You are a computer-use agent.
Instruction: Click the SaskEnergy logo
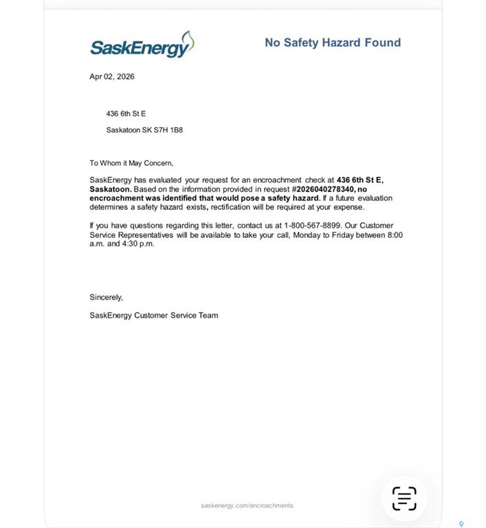[142, 45]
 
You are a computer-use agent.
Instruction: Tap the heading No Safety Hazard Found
[333, 43]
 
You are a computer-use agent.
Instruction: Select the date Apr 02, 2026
[112, 76]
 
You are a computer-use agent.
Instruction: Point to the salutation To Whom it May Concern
[131, 163]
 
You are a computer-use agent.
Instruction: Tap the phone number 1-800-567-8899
[312, 225]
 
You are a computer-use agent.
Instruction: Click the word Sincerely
[106, 297]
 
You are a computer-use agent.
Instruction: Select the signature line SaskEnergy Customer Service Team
[154, 316]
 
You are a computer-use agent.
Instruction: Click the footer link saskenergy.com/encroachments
[247, 505]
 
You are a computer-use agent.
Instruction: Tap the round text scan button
[404, 498]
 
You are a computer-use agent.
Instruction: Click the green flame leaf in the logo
[186, 41]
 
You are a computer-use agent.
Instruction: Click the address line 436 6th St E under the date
[126, 113]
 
